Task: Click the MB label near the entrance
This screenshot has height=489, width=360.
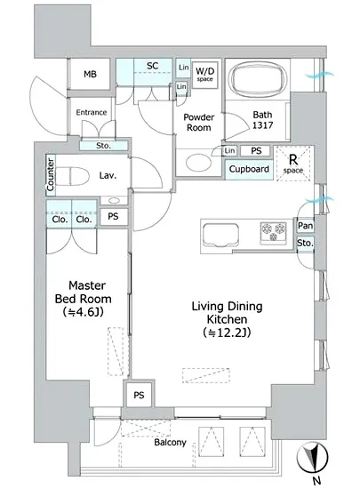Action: click(x=90, y=74)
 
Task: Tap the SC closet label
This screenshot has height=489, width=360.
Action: click(x=152, y=66)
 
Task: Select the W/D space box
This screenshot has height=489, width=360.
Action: click(x=204, y=74)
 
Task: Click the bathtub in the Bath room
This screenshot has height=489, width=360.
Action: click(x=258, y=79)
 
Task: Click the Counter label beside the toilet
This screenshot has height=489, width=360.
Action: click(x=51, y=175)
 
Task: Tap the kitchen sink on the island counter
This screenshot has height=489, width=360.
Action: click(x=220, y=235)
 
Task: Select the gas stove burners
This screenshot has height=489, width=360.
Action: click(x=273, y=231)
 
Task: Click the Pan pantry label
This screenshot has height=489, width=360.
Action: click(x=305, y=226)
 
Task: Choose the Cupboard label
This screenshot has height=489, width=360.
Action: click(x=249, y=169)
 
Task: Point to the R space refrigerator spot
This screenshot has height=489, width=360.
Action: click(x=293, y=164)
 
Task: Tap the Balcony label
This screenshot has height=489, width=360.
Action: click(x=170, y=442)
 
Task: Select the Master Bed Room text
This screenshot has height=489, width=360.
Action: click(x=84, y=293)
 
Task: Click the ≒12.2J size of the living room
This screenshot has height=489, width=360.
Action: click(x=227, y=333)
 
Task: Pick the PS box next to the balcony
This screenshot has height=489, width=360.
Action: click(x=140, y=395)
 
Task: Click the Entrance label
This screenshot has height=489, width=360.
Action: click(x=92, y=112)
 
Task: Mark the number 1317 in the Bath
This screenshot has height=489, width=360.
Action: click(x=262, y=125)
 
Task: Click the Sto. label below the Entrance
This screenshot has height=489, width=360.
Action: click(x=103, y=146)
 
